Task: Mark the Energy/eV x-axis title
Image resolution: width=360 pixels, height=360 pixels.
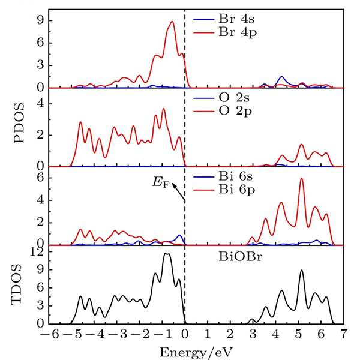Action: click(190, 352)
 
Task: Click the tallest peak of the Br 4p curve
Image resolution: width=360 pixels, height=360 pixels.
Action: click(172, 22)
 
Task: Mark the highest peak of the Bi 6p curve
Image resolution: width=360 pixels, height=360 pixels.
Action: click(301, 178)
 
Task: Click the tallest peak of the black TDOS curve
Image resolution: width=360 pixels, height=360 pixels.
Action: click(167, 254)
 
